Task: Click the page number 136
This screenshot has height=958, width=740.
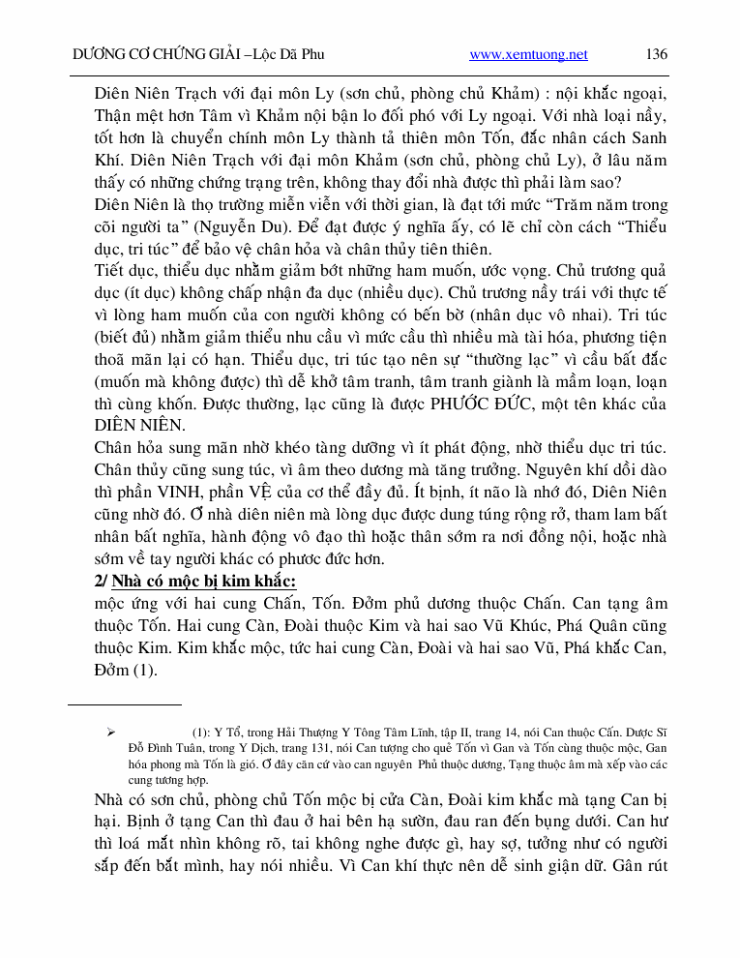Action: click(656, 54)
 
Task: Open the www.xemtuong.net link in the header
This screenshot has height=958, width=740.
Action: click(528, 55)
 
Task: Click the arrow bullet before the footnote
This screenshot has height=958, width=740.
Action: click(109, 733)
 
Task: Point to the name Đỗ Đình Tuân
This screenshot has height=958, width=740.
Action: click(159, 749)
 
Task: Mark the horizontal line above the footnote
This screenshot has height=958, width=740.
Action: click(125, 705)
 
